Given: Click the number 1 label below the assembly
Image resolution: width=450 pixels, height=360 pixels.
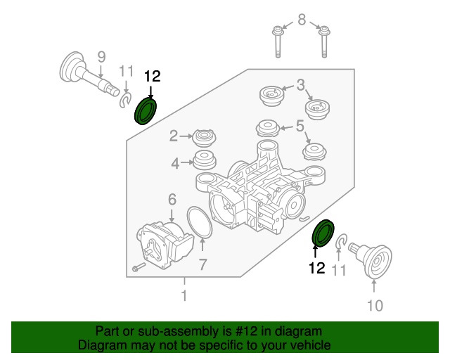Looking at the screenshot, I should (184, 297).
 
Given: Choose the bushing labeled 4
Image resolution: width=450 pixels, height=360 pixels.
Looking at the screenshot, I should (205, 160).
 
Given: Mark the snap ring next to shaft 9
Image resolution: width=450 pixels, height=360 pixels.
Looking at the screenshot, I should (124, 103).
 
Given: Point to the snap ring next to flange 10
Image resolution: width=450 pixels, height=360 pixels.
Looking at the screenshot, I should (340, 244).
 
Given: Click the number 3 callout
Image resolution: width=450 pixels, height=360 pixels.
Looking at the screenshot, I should (300, 85).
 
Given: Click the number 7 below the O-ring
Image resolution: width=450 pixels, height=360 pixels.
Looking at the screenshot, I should (202, 265).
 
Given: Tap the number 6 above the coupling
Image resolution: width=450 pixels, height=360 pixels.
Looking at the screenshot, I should (171, 200).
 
